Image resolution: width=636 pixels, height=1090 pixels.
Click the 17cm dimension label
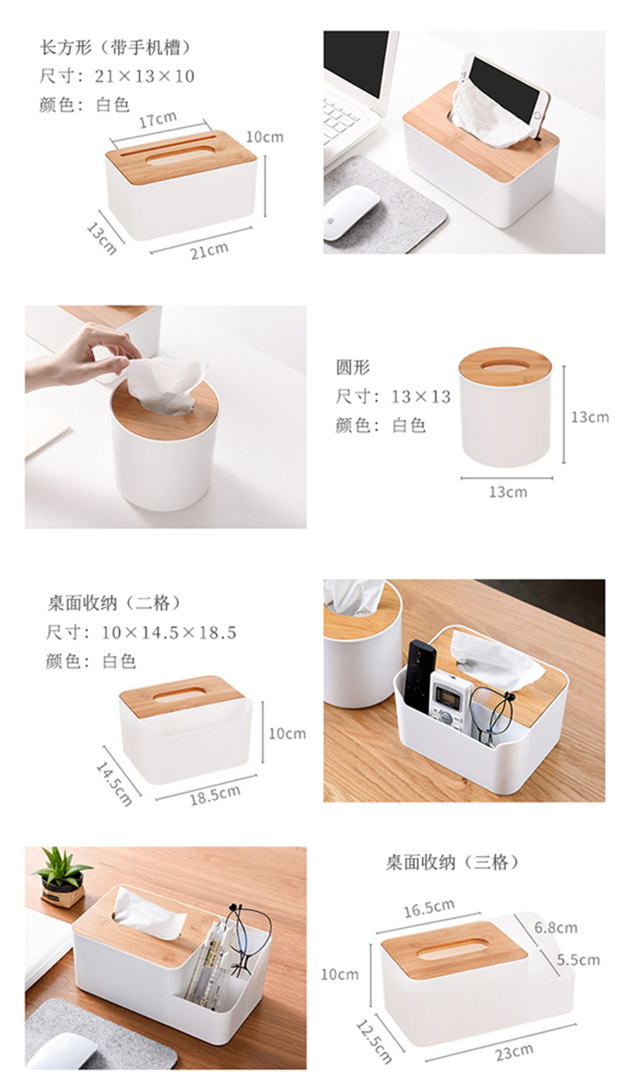tap(158, 120)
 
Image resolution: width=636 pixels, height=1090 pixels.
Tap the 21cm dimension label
tap(209, 250)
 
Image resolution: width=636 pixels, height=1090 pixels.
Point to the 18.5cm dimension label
tap(215, 794)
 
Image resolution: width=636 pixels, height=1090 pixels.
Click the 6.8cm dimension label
tap(555, 927)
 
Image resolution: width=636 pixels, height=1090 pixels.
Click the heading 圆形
tap(353, 367)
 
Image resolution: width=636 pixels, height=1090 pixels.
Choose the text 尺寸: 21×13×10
tap(117, 75)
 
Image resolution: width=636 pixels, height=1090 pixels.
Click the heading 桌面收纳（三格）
tap(452, 863)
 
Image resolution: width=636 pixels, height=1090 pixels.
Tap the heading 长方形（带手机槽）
tap(114, 48)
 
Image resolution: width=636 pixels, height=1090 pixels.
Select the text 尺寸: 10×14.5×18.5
tap(141, 633)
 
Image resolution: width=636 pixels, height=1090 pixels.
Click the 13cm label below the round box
tap(508, 492)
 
